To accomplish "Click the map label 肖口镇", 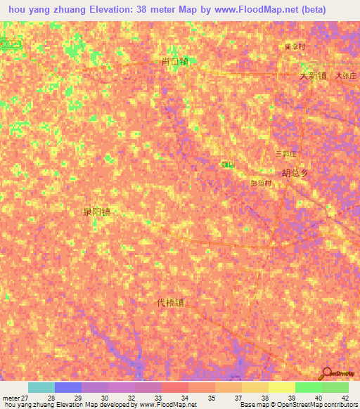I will click(x=174, y=62).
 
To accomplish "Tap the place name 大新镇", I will click(x=313, y=76).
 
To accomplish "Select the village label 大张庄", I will click(x=346, y=75).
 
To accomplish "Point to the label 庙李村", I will click(x=295, y=47).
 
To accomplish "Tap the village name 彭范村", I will click(x=261, y=183).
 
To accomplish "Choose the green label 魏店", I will click(x=228, y=164).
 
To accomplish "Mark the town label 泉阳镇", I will click(x=96, y=211).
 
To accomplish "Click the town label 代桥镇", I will click(x=170, y=303).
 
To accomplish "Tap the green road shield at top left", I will click(x=11, y=44).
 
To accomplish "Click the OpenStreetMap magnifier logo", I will click(x=327, y=373).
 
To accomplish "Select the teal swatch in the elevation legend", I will click(x=41, y=387).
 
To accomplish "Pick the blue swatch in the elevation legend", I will click(x=67, y=387).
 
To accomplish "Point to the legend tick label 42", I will click(x=345, y=398).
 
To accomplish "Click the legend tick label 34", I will click(x=184, y=398).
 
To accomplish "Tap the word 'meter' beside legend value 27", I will click(x=11, y=398).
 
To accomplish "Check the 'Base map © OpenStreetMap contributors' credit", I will click(x=297, y=405).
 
